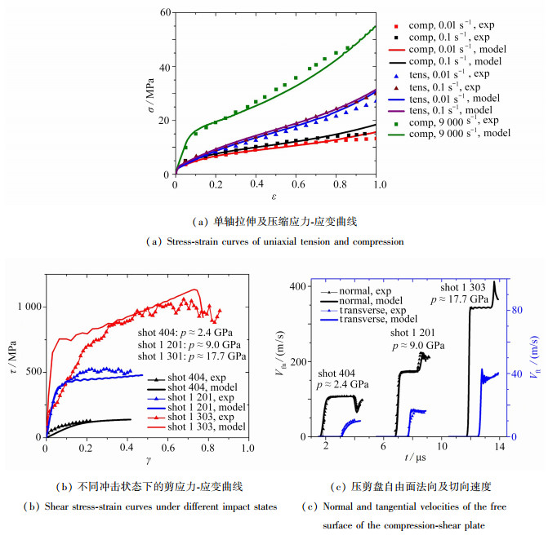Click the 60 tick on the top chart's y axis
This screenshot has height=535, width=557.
(166, 14)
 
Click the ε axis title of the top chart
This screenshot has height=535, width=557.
(277, 197)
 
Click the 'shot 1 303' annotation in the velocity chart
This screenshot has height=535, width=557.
(464, 287)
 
